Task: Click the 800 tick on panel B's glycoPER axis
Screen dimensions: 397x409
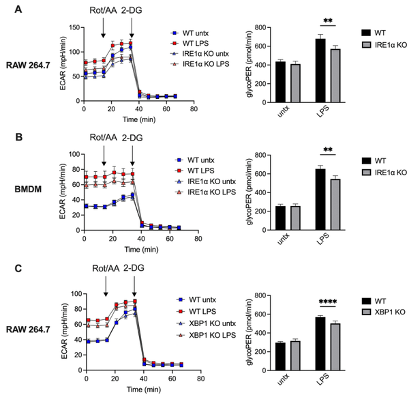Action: pyautogui.click(x=256, y=156)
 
